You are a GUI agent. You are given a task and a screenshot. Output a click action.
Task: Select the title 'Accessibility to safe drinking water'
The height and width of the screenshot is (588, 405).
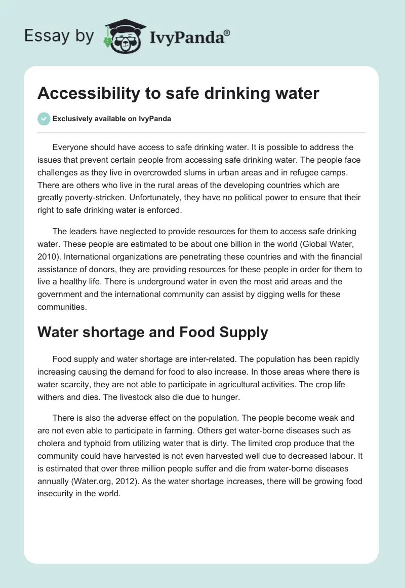point(178,94)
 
